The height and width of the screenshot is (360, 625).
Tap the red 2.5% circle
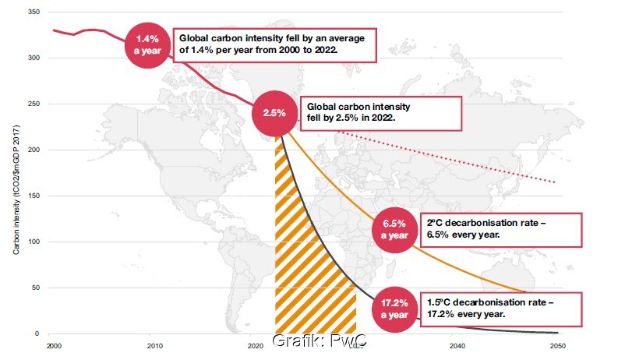pyautogui.click(x=274, y=113)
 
